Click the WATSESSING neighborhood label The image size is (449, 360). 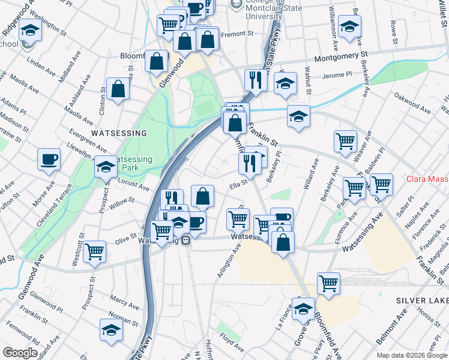[118, 133]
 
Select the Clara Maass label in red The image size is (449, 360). [427, 179]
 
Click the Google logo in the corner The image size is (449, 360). [20, 353]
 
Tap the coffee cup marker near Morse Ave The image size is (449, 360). [49, 160]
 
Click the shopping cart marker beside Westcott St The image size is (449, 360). [95, 251]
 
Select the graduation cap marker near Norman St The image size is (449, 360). [111, 329]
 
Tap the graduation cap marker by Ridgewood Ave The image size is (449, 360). [29, 29]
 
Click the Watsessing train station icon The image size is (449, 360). [187, 241]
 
